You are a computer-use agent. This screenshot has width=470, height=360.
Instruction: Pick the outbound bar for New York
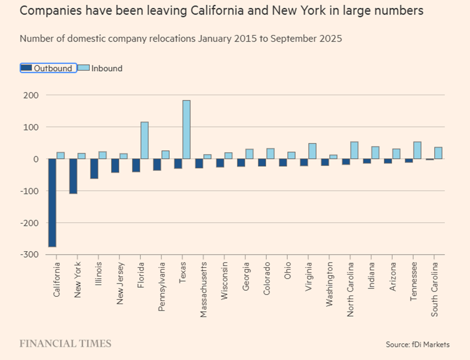74,176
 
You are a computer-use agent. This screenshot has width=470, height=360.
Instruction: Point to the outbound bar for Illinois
94,169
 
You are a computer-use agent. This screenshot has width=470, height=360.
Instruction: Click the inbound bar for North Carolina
354,151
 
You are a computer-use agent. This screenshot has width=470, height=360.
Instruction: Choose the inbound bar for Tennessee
417,151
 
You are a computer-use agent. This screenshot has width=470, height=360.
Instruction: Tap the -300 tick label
30,255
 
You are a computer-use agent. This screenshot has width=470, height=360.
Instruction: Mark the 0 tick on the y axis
36,160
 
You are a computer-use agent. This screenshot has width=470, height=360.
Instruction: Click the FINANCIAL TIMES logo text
65,344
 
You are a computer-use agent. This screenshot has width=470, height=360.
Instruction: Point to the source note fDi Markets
418,344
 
